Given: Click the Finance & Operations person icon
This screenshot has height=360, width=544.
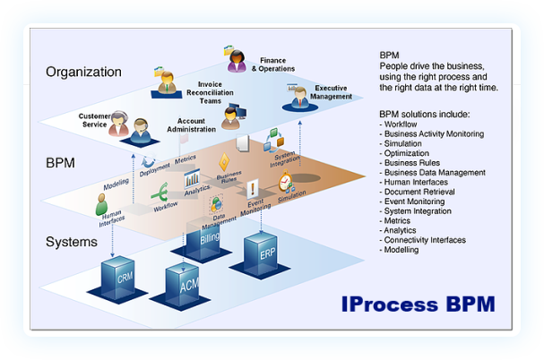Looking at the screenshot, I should tap(237, 61).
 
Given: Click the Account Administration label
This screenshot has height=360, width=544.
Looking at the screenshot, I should tap(191, 126).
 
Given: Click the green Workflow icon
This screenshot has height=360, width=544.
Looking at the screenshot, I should tap(162, 193).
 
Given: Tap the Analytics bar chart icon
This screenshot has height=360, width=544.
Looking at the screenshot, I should tap(192, 177).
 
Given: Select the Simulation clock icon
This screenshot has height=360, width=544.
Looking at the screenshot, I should tap(285, 183).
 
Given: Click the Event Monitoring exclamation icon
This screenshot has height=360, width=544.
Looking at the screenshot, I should tap(253, 189).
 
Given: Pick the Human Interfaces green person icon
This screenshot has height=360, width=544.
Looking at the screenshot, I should tap(104, 205).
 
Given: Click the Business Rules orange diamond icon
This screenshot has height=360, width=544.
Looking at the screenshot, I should tap(224, 162).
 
